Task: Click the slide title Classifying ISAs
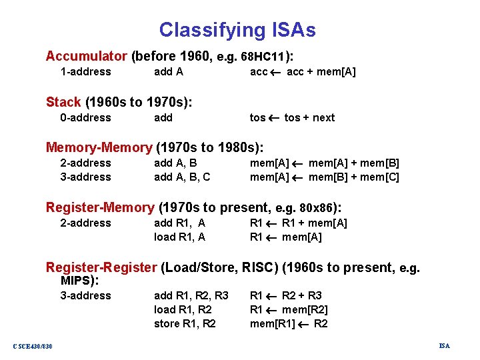click(x=237, y=30)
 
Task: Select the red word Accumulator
click(x=86, y=56)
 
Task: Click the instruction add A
click(x=168, y=72)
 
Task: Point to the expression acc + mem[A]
click(x=321, y=72)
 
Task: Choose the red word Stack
click(x=63, y=102)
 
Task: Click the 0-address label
click(x=85, y=118)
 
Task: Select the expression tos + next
click(x=309, y=118)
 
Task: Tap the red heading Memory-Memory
click(x=99, y=147)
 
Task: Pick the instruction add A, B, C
click(x=182, y=177)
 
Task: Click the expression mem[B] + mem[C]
click(x=354, y=177)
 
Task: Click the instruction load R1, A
click(x=179, y=237)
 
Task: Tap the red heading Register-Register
click(x=101, y=267)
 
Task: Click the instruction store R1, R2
click(x=185, y=324)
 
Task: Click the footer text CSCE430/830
click(x=33, y=345)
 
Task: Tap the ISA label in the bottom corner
click(x=444, y=345)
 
